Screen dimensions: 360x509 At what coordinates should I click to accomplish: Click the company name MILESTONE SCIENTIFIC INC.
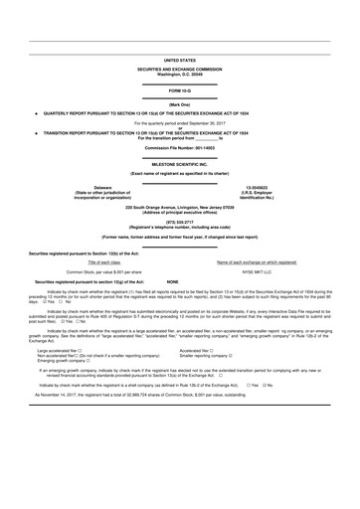click(179, 162)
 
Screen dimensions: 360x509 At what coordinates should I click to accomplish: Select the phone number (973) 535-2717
click(179, 223)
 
